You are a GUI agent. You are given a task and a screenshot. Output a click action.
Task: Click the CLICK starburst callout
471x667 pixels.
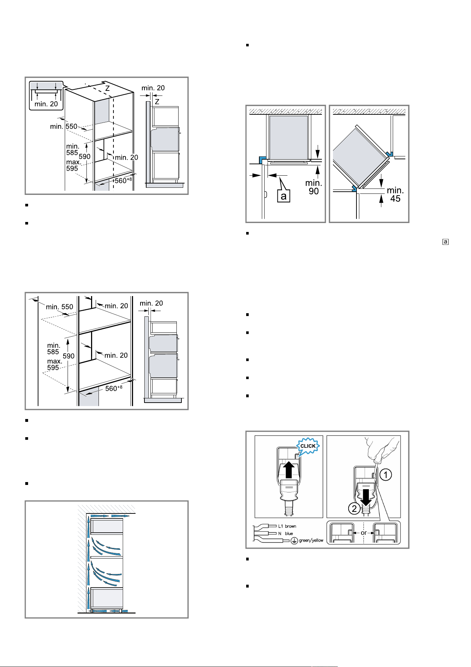pos(308,446)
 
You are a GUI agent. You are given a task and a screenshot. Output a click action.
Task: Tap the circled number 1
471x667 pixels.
pos(386,475)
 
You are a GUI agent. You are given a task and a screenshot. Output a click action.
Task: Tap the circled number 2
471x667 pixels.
pos(354,509)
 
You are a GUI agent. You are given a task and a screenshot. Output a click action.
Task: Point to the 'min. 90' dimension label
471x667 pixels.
pos(313,187)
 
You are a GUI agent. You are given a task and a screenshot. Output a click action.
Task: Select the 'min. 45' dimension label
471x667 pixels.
pos(395,194)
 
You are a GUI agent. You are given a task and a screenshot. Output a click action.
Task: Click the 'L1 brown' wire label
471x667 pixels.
pos(287,526)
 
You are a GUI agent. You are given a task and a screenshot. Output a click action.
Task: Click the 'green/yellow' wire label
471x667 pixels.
pos(311,541)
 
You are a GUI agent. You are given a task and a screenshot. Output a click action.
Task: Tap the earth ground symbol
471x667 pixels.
pos(294,541)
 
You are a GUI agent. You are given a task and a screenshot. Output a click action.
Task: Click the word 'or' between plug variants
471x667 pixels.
pos(364,533)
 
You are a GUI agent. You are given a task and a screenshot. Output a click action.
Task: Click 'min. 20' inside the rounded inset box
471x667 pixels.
pos(46,104)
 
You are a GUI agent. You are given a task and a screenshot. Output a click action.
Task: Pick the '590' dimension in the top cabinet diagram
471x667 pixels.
pos(85,156)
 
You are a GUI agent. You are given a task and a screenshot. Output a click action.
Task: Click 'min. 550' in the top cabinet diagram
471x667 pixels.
pos(64,126)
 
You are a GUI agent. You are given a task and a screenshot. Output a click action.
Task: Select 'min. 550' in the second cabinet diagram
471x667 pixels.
pos(59,307)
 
